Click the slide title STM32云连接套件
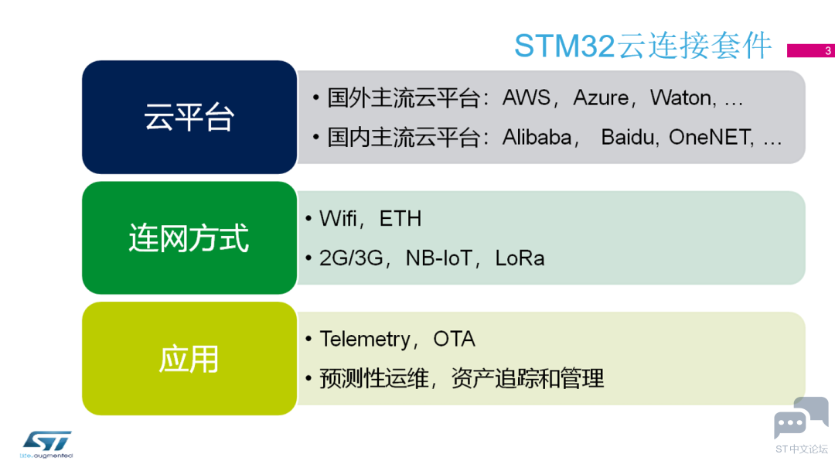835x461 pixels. [642, 46]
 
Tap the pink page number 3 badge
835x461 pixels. [809, 51]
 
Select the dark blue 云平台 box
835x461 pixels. [189, 117]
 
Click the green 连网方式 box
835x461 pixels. [189, 237]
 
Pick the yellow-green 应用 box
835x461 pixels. [189, 359]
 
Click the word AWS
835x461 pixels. [527, 98]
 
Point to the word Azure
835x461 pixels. [600, 98]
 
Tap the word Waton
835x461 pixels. [680, 98]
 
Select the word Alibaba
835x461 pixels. [537, 138]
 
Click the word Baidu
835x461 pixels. [629, 138]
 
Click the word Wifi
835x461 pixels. [338, 219]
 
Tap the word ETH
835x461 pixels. [400, 219]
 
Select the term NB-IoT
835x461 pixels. [438, 258]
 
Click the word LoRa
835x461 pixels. [520, 258]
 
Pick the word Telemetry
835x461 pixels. [365, 340]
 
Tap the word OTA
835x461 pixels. [454, 340]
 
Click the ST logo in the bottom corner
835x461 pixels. [47, 442]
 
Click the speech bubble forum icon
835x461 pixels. [800, 418]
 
